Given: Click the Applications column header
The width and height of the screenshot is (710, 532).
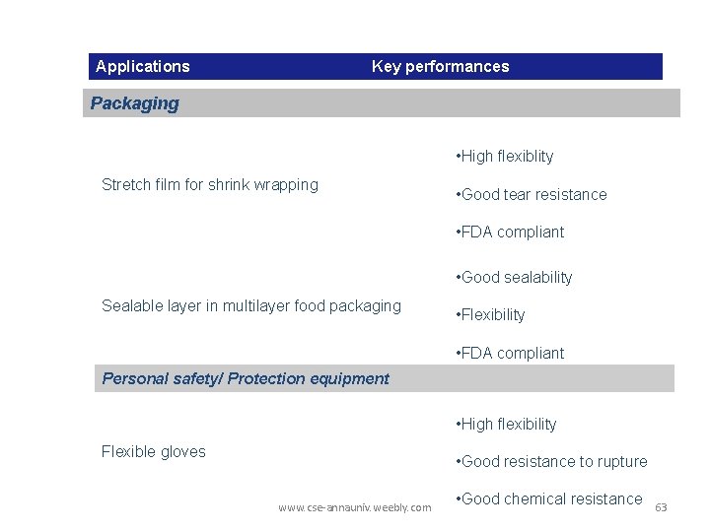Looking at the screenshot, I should click(143, 67).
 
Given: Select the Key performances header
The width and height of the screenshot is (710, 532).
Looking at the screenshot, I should click(440, 67).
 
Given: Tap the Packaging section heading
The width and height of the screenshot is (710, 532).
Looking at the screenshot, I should click(135, 103).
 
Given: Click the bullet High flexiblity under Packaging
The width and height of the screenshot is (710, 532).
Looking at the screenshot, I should click(505, 157).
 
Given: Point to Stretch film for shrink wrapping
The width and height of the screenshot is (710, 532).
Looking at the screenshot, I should click(210, 184).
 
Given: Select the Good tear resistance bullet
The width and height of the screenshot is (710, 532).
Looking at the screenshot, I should click(532, 195).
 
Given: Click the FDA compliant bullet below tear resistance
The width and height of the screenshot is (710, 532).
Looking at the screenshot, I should click(510, 233).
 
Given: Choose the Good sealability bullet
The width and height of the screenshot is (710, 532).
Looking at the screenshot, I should click(514, 278).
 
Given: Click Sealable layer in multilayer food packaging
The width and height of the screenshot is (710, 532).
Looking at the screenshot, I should click(251, 306).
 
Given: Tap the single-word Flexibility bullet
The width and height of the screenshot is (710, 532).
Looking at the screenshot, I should click(490, 315).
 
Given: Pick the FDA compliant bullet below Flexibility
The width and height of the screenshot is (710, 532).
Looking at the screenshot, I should click(510, 354).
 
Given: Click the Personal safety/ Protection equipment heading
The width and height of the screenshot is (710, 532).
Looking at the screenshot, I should click(246, 378).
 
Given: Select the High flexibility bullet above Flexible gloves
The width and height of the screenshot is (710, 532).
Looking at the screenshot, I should click(506, 425).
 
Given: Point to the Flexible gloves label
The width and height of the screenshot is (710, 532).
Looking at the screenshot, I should click(154, 452).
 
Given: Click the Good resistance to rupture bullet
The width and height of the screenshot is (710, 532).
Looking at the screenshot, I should click(551, 462).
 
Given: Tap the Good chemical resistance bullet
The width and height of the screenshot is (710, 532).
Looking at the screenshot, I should click(549, 499).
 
